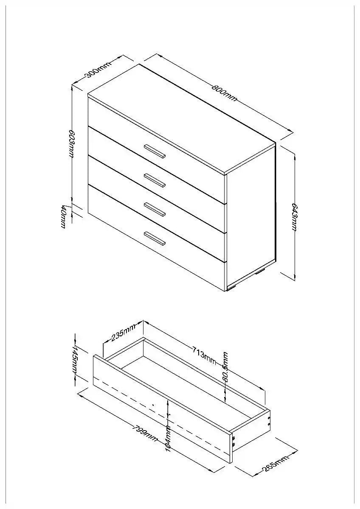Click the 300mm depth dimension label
98,70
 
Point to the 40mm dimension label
63,217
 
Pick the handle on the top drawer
155,151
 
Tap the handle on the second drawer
155,180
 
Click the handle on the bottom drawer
155,238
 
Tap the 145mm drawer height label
75,359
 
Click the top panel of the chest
181,118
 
